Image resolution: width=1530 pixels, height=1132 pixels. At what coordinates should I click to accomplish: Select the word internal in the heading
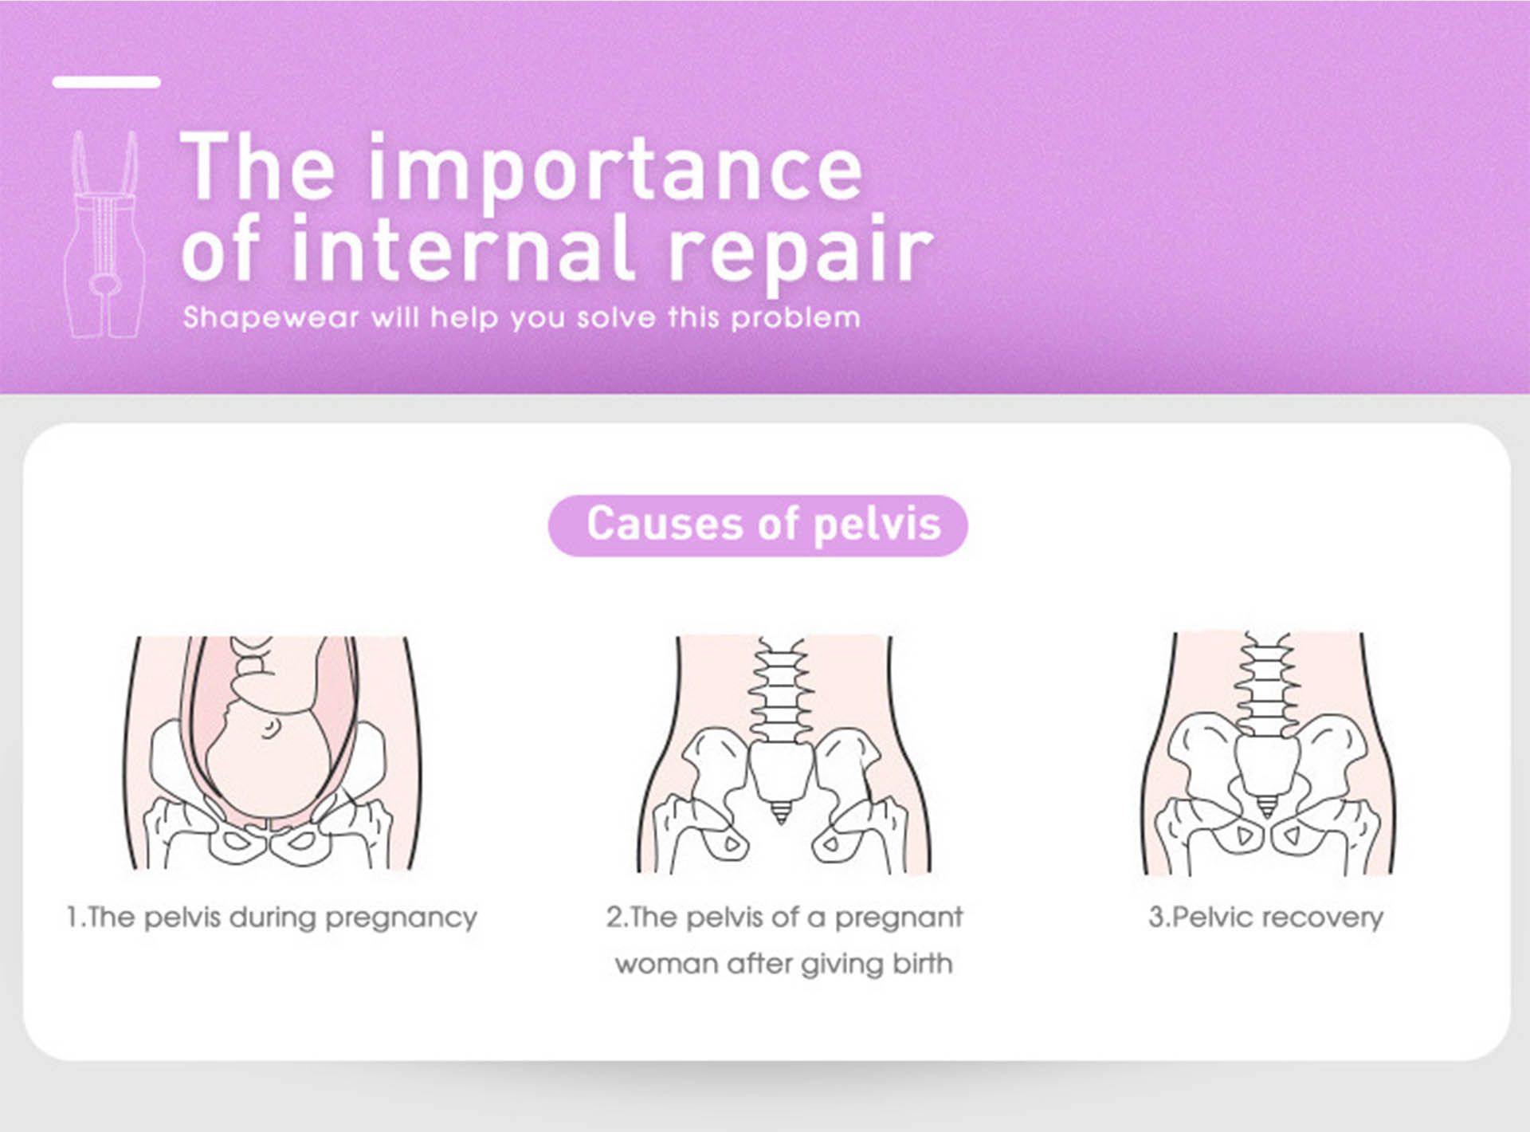point(462,249)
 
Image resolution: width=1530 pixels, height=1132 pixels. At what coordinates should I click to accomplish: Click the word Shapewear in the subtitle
point(271,317)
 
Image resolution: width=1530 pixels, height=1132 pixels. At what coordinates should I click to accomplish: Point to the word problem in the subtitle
point(795,317)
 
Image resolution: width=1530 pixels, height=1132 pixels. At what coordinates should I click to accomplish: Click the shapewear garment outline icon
point(104,235)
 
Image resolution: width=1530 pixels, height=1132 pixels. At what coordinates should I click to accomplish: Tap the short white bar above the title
point(106,81)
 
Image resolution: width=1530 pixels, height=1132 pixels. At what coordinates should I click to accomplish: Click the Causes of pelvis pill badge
point(758,525)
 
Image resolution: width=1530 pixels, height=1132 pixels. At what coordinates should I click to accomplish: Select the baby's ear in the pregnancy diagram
point(271,728)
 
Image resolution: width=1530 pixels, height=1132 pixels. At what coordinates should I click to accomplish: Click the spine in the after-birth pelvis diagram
point(781,690)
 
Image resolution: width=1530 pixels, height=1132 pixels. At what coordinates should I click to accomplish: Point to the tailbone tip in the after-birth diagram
point(781,814)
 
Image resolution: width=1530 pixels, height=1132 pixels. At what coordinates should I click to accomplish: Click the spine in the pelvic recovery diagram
point(1266,686)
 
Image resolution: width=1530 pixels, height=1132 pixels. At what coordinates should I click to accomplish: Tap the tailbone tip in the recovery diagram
point(1266,807)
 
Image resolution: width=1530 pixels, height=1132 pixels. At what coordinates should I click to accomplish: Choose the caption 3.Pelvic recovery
point(1265,917)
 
